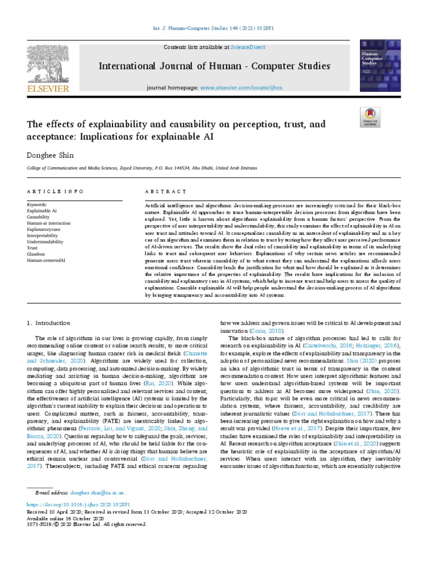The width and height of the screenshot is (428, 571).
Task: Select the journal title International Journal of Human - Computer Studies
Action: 215,66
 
